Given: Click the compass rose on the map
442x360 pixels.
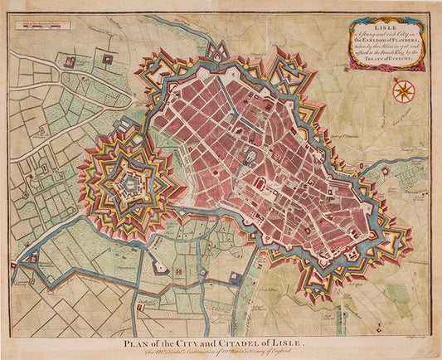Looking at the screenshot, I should click(405, 89).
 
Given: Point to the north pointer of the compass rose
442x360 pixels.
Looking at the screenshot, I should click(405, 79).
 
